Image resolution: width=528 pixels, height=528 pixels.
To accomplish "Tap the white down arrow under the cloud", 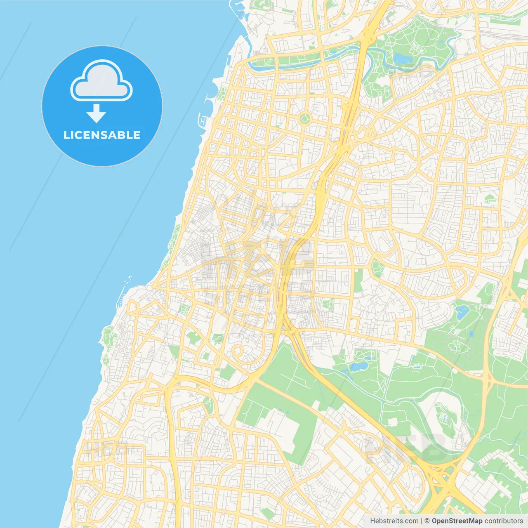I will click(x=96, y=113).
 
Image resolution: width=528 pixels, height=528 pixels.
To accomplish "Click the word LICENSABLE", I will click(x=101, y=135).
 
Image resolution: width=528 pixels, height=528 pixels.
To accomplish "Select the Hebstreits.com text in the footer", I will click(x=394, y=521).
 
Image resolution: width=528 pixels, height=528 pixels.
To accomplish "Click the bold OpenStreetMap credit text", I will click(x=457, y=521).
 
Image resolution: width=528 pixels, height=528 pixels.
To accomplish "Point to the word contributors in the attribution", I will click(x=503, y=521).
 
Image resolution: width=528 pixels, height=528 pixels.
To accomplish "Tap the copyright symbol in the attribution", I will click(x=427, y=521).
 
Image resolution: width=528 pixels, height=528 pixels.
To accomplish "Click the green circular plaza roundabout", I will click(x=304, y=119).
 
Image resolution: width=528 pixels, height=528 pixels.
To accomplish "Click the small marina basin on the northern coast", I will click(x=203, y=121).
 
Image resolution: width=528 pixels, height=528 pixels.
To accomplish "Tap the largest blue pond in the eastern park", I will click(x=462, y=311).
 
